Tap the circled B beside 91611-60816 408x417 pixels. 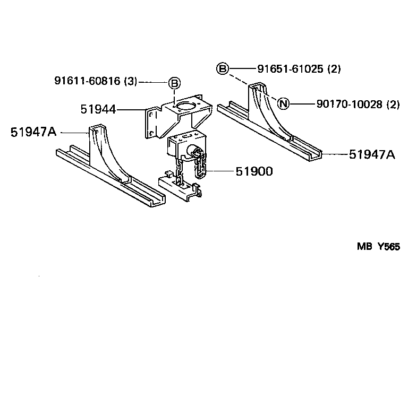(x=174, y=83)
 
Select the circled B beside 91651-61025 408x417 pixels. (x=223, y=68)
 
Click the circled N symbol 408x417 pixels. (x=283, y=104)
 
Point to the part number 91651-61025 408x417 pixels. (x=291, y=68)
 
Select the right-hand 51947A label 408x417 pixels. (x=372, y=154)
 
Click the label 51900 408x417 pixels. (x=254, y=171)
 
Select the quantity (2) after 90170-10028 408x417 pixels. (x=393, y=104)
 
